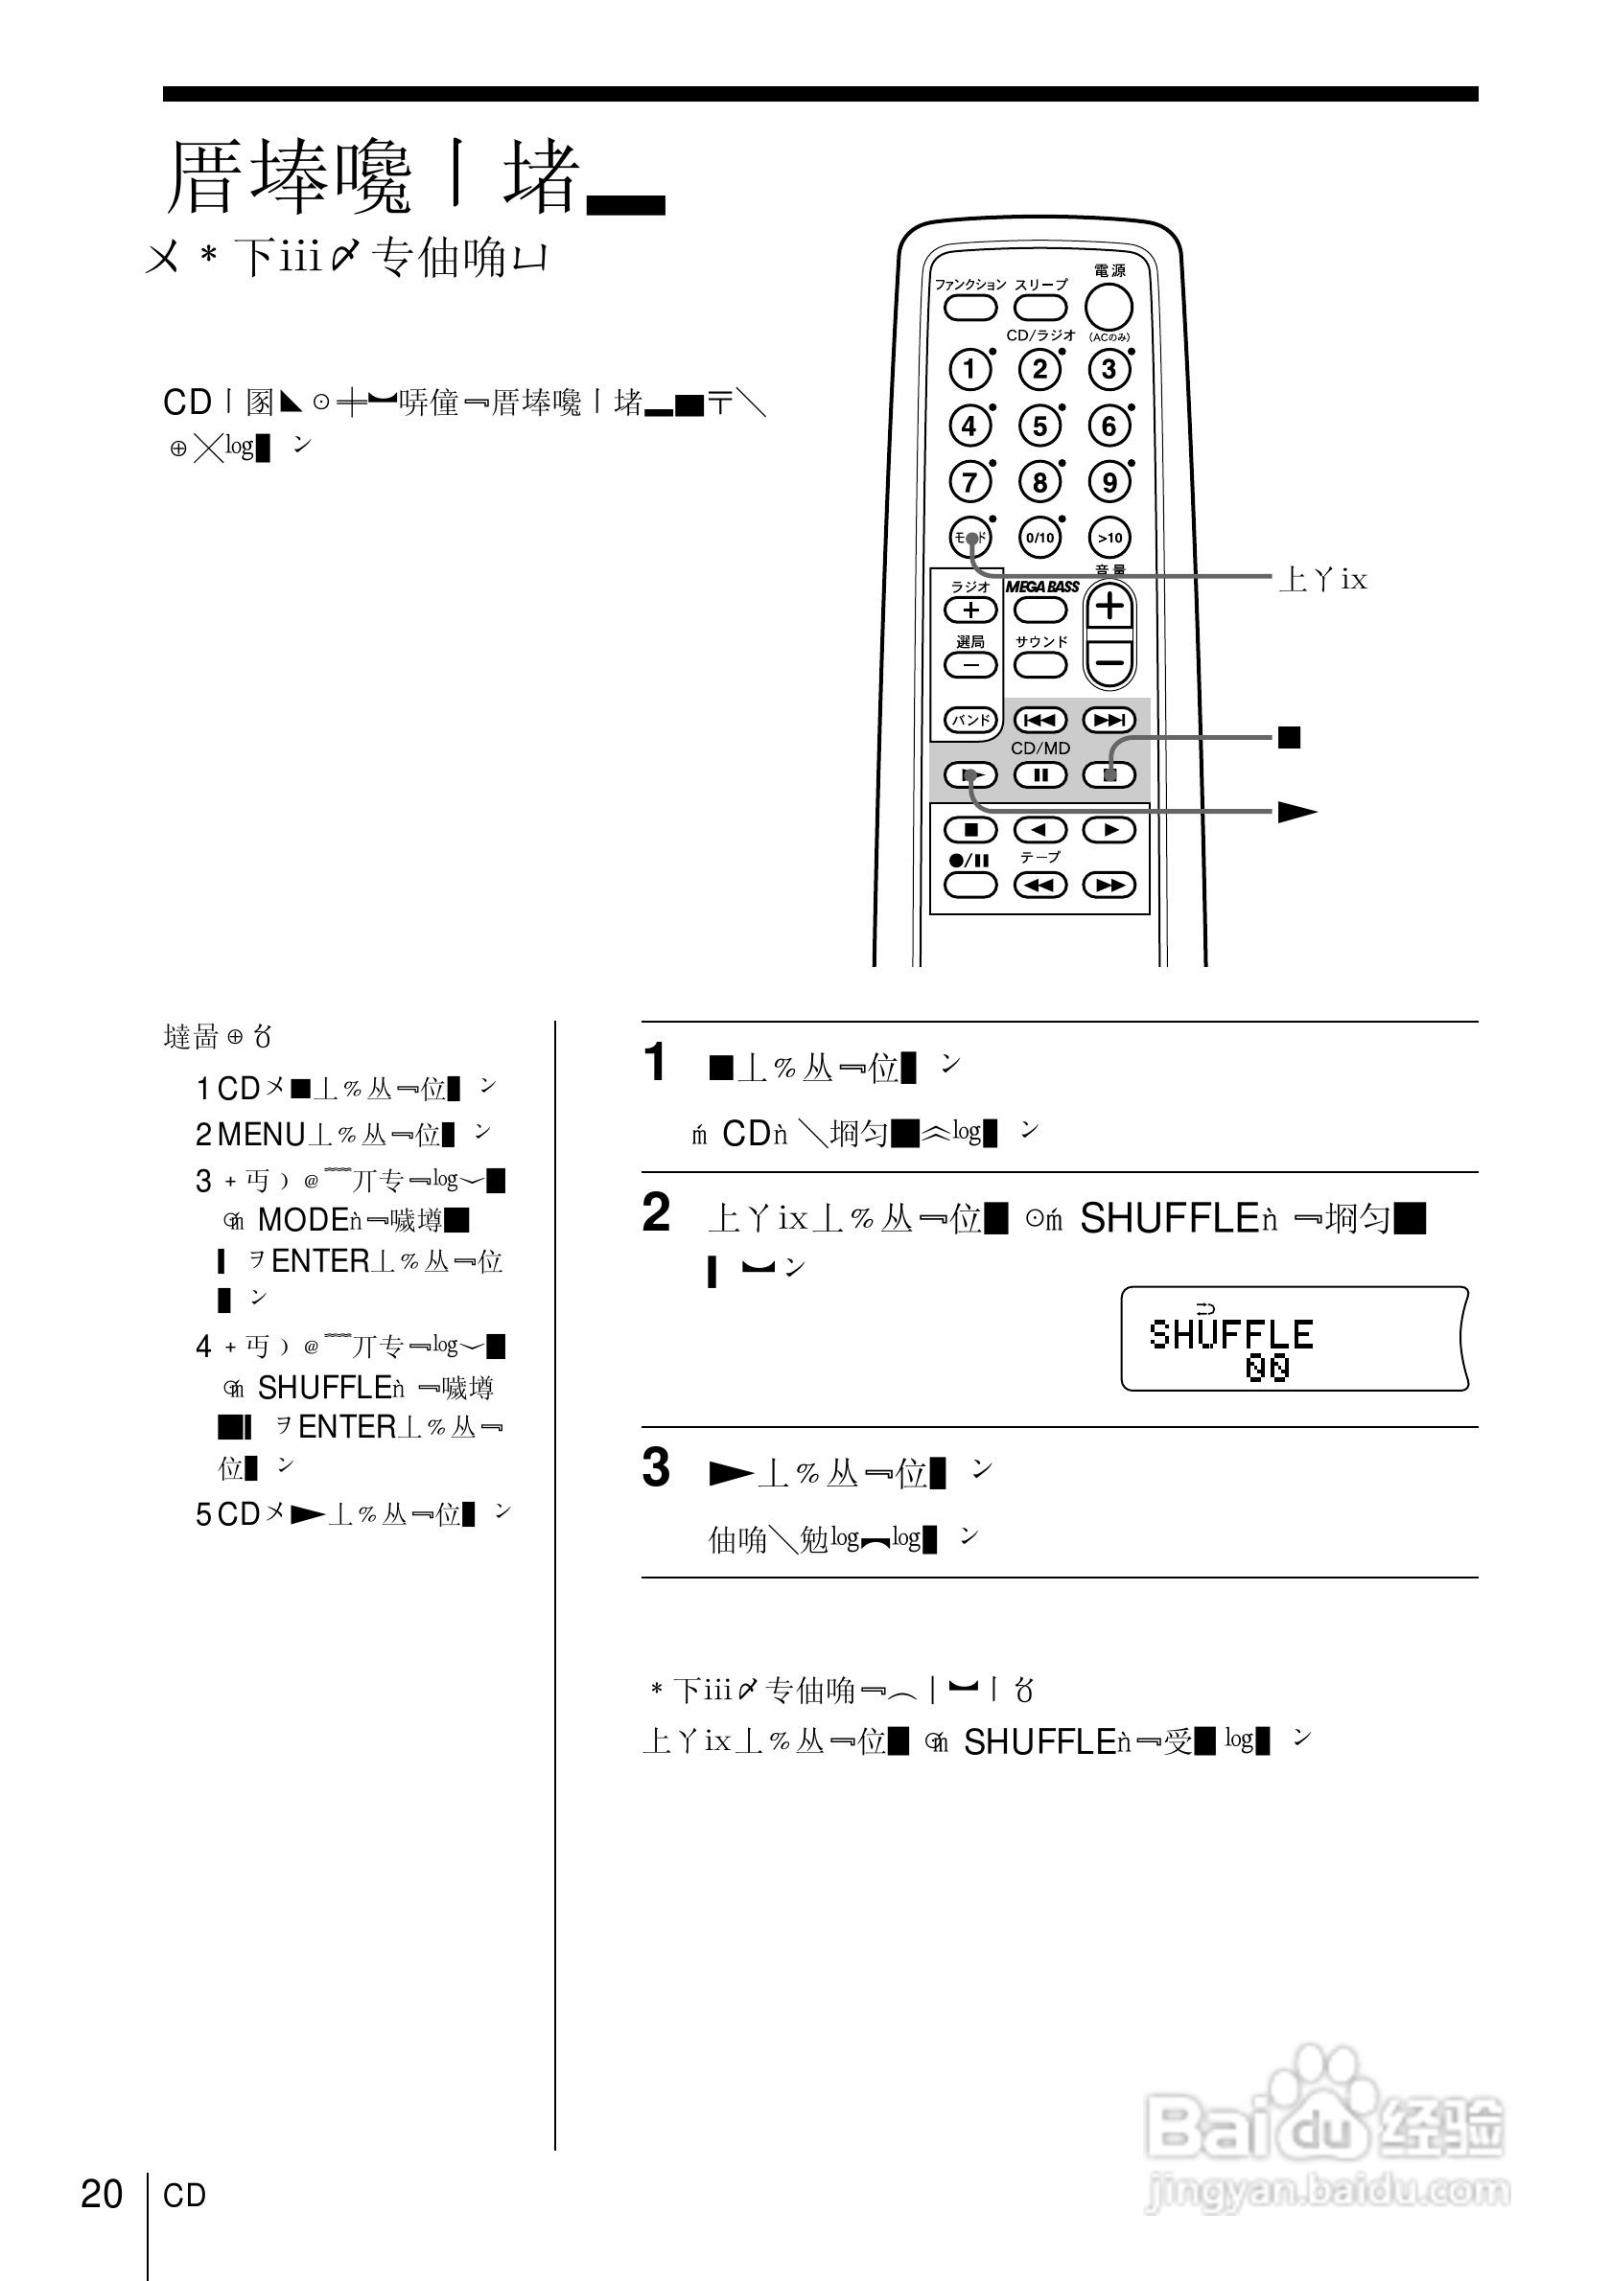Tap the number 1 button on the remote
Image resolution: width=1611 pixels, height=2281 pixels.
coord(970,370)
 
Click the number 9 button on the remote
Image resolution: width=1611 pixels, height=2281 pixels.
coord(1110,483)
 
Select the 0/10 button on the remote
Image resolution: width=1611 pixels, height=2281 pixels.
coord(1039,538)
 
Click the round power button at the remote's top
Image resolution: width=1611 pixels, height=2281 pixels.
coord(1109,307)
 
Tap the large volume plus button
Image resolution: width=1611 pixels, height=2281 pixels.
coord(1110,606)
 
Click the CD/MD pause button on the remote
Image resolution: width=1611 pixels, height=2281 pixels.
coord(1040,775)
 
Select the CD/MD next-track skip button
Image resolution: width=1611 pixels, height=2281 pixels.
coord(1109,719)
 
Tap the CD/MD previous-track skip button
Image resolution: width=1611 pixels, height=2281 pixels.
coord(1039,719)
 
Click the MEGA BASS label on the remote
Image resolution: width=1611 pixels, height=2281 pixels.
coord(1041,588)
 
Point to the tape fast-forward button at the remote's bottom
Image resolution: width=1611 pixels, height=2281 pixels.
coord(1109,885)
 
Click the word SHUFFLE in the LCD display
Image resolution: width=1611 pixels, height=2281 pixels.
coord(1230,1334)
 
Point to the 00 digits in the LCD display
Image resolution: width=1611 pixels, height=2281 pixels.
coord(1267,1368)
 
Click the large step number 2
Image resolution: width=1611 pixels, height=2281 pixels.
coord(656,1213)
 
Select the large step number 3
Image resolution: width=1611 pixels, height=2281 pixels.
coord(656,1467)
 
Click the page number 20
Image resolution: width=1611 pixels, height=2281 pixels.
coord(102,2194)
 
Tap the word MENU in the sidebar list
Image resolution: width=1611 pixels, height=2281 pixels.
coord(262,1134)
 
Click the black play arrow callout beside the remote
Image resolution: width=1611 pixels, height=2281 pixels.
coord(1296,812)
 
